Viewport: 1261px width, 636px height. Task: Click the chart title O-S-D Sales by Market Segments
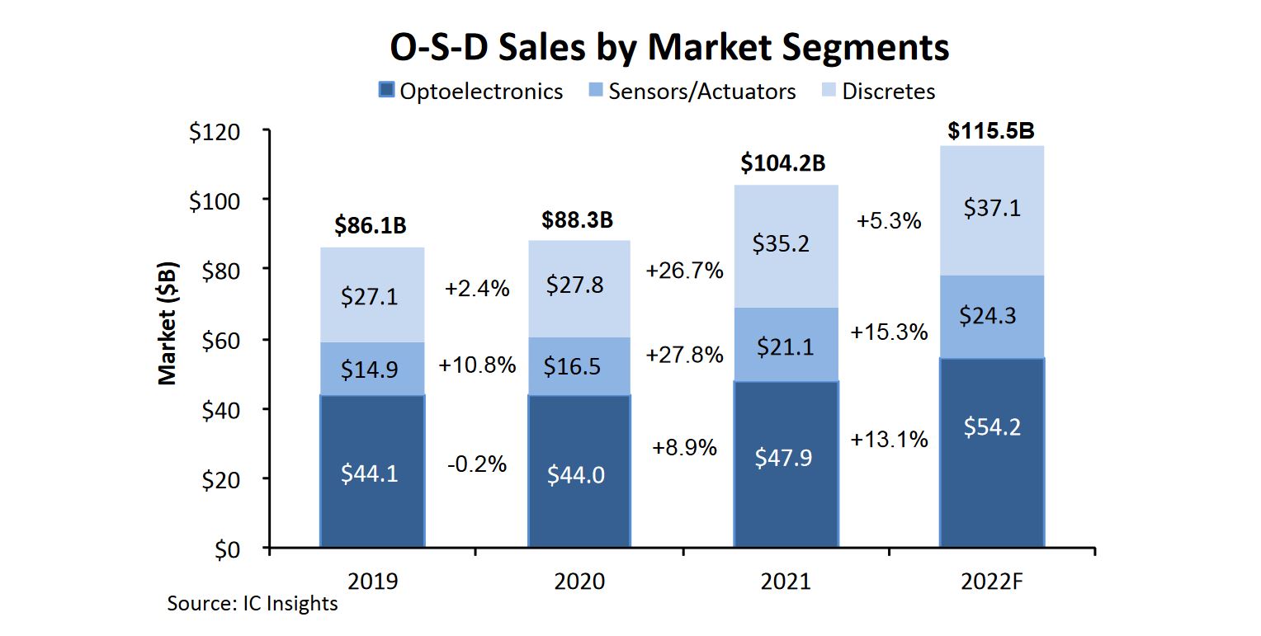coord(669,47)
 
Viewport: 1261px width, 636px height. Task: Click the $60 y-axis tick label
coord(222,339)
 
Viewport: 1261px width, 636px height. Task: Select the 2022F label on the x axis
coord(992,581)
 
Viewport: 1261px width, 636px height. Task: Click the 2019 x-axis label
coord(373,581)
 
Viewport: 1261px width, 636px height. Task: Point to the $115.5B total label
coord(991,131)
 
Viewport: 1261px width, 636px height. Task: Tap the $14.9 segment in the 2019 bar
coord(371,370)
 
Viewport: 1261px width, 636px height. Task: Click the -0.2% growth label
coord(476,464)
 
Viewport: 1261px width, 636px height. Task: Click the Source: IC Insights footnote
coord(253,603)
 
